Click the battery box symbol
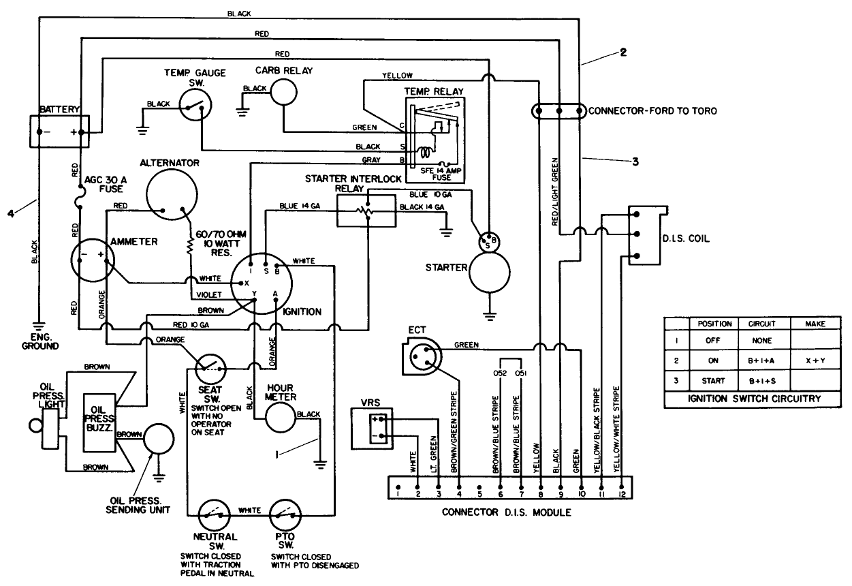click(60, 131)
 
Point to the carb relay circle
click(282, 91)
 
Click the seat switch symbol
click(210, 369)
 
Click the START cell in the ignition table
click(713, 381)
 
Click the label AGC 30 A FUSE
click(104, 184)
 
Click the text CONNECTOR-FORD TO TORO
click(652, 110)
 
